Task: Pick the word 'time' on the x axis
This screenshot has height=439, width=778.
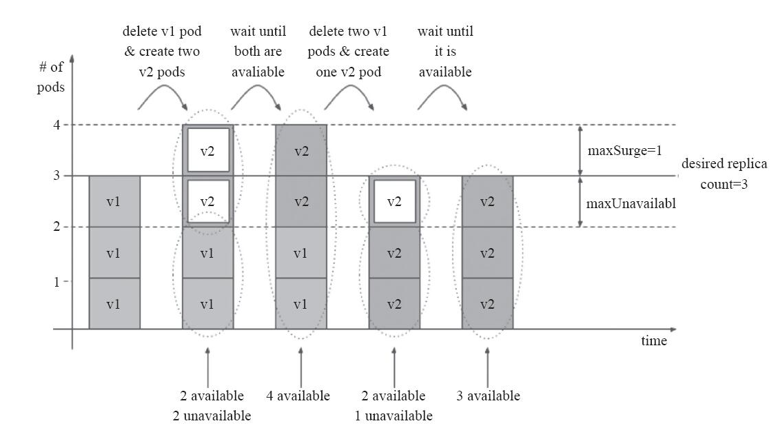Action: [653, 341]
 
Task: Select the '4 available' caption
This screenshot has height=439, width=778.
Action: [298, 396]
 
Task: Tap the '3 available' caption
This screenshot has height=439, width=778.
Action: [488, 396]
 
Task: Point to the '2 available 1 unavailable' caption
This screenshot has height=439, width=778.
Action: [393, 405]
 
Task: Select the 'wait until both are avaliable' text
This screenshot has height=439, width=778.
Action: [258, 52]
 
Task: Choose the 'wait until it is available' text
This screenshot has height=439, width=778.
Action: [445, 52]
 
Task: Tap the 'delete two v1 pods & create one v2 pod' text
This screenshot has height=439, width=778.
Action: [349, 52]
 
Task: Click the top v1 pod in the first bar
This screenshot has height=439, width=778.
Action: [114, 201]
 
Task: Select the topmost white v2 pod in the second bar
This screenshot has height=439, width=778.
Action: [207, 150]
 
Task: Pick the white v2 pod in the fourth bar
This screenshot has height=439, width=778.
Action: [394, 201]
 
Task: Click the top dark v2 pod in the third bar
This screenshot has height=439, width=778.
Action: [301, 150]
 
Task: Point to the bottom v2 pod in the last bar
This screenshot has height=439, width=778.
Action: [488, 304]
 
